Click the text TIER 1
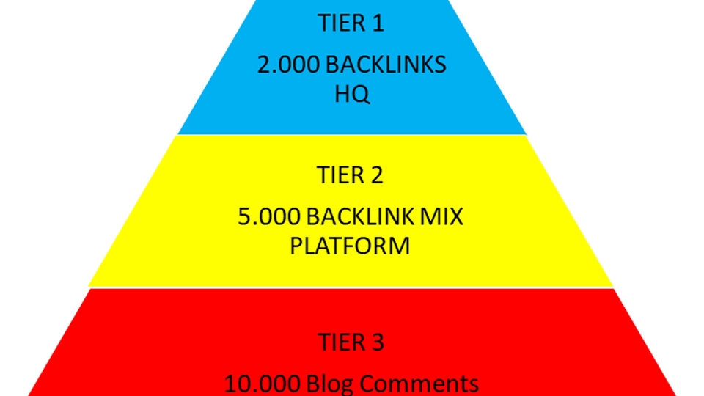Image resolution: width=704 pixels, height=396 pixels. (x=351, y=24)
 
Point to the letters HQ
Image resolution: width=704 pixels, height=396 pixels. (x=351, y=95)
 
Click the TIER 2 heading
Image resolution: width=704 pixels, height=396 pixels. (x=351, y=176)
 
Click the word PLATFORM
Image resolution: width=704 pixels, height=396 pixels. (x=350, y=246)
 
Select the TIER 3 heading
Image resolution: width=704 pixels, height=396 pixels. (x=351, y=342)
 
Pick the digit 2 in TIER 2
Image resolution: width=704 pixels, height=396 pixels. (x=377, y=176)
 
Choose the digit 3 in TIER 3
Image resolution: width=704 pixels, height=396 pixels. (x=377, y=342)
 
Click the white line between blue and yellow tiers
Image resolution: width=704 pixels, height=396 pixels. (x=351, y=135)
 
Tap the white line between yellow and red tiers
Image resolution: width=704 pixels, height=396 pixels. (x=351, y=287)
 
